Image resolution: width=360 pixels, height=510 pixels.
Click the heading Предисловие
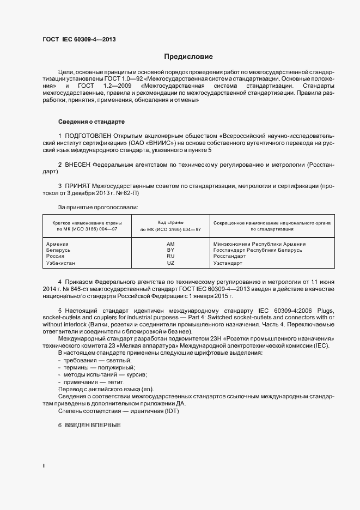tap(188, 56)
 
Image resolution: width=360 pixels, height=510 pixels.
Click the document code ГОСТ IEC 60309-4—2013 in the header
tap(80, 39)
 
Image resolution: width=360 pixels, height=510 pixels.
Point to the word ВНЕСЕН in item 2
tap(77, 163)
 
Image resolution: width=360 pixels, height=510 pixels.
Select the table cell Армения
tap(58, 244)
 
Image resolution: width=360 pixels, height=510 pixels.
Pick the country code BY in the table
tap(170, 250)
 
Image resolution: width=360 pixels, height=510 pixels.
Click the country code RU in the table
tap(170, 256)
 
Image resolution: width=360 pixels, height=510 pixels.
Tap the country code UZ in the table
tap(170, 263)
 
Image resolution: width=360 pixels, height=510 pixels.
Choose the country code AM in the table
tap(170, 244)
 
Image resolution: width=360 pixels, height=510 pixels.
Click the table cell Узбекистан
tap(61, 263)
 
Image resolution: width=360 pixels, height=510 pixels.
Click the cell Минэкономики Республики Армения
tap(259, 244)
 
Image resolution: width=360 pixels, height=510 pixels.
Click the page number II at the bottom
tap(44, 466)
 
